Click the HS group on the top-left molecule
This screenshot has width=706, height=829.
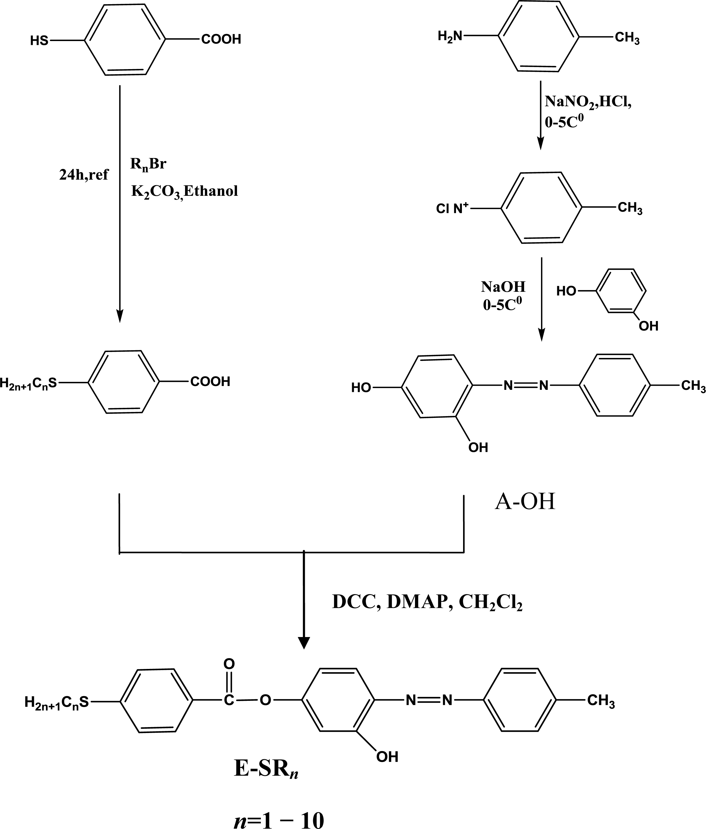coord(39,41)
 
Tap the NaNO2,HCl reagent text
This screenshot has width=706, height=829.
coord(588,102)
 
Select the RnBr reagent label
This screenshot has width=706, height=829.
coord(148,164)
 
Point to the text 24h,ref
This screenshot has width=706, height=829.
coord(84,175)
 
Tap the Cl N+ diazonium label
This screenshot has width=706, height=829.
coord(452,209)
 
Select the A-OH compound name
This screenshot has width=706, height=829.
coord(525,501)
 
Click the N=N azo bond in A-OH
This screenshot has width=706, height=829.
coord(526,386)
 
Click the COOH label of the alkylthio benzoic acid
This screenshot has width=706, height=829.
coord(210,382)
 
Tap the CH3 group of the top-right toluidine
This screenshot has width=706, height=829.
coord(627,38)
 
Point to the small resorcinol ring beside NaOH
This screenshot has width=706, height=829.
coord(621,291)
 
